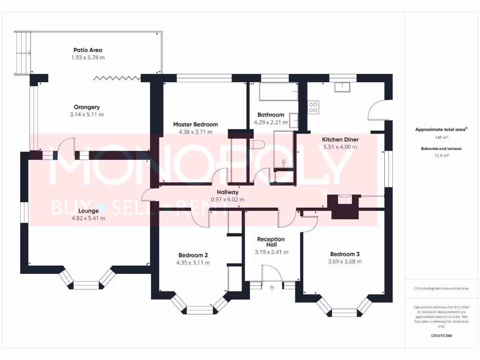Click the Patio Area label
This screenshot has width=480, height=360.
88,50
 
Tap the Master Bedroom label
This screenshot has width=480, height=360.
195,124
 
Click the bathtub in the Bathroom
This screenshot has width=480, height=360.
278,92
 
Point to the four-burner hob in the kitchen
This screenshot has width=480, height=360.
313,107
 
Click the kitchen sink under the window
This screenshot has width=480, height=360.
343,87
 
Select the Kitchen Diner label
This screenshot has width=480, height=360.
340,139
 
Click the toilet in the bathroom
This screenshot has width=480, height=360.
257,144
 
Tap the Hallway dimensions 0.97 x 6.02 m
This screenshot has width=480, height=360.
227,199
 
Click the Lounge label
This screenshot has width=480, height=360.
88,211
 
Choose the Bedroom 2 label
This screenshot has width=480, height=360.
193,255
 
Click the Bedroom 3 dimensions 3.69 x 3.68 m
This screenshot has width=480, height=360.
345,262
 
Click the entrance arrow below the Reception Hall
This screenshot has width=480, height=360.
272,287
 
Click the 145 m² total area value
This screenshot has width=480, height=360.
441,137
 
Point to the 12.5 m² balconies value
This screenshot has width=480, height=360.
441,155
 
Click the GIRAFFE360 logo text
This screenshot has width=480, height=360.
441,336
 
